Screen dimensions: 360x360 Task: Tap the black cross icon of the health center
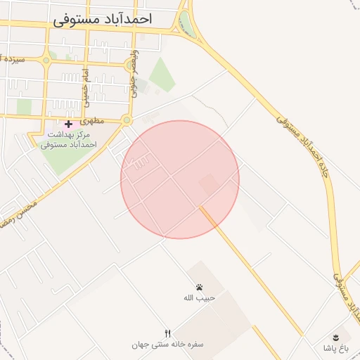click(68, 124)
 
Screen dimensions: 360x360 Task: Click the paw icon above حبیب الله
click(200, 287)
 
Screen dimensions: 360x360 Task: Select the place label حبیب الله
click(198, 298)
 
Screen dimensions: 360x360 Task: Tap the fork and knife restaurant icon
click(167, 333)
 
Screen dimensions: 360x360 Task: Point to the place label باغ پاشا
click(336, 348)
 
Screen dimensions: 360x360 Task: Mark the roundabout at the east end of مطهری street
click(127, 120)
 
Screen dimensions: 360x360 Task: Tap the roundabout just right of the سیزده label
click(46, 60)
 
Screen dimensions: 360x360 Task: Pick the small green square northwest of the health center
click(24, 106)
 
